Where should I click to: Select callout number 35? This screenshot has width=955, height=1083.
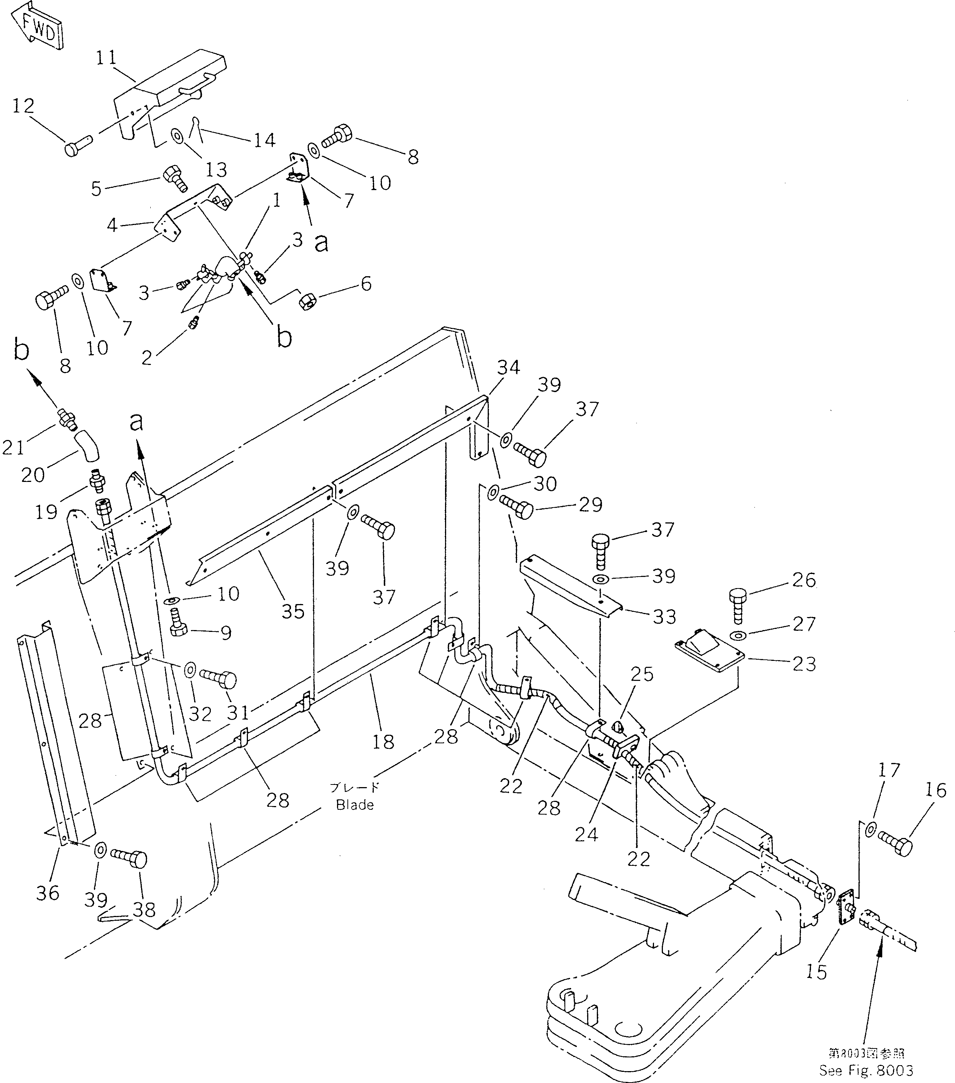coord(293,611)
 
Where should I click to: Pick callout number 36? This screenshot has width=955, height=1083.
coord(48,893)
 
